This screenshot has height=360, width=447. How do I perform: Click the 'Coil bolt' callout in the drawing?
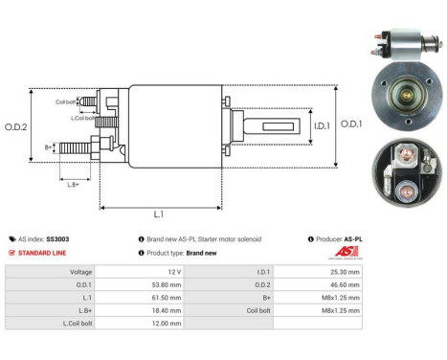[66, 101]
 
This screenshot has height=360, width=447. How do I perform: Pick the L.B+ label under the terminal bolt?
[72, 184]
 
